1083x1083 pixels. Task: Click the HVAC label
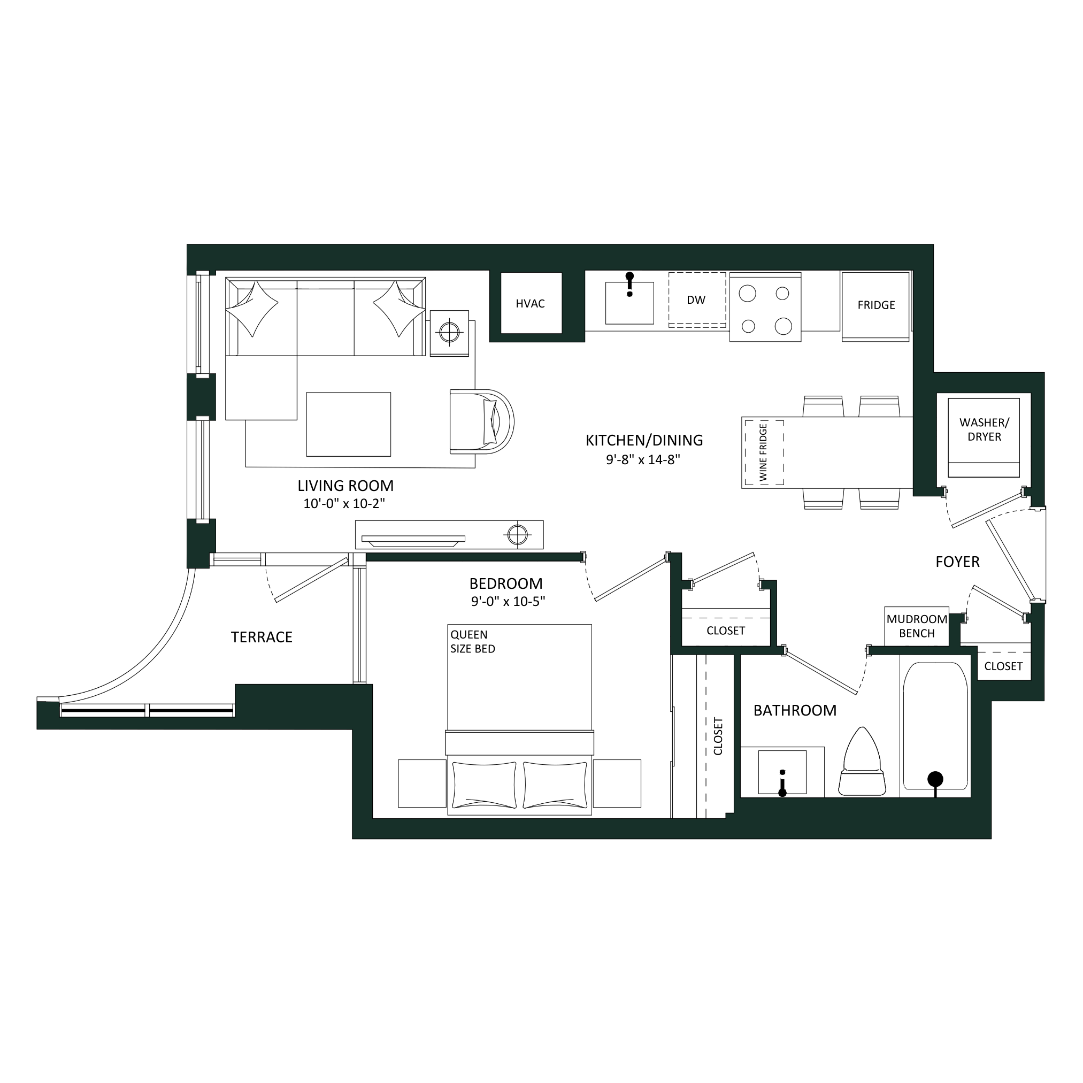coord(529,303)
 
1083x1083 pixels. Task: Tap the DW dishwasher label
coord(696,300)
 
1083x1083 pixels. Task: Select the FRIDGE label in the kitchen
coord(875,305)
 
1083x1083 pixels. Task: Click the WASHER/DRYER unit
coord(983,437)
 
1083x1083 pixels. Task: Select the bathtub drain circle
coord(935,779)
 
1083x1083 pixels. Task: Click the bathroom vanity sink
coord(782,773)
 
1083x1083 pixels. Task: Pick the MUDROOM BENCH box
coord(917,626)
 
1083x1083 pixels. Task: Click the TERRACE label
coord(261,637)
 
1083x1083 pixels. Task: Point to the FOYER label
coord(957,561)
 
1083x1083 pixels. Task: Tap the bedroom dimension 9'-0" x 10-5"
coord(508,602)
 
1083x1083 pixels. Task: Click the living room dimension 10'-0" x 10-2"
coord(344,503)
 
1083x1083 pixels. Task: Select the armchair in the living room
coord(481,421)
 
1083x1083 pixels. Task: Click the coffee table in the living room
coord(348,424)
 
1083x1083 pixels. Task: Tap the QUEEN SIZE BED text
coord(473,641)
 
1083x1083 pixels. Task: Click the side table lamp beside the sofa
coord(449,333)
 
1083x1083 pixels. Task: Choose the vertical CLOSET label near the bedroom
coord(718,736)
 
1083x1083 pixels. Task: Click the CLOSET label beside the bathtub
coord(1003,666)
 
